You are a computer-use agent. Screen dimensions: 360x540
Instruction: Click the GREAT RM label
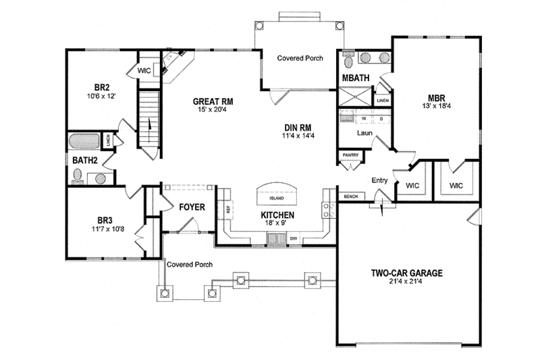(x=213, y=101)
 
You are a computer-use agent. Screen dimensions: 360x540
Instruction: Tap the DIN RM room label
(x=296, y=127)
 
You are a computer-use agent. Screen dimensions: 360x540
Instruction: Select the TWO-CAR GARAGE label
(x=406, y=274)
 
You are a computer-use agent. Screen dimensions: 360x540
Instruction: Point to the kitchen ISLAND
(x=276, y=197)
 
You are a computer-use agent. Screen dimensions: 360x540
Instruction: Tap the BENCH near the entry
(x=350, y=197)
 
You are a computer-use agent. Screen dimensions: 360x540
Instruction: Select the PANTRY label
(x=350, y=155)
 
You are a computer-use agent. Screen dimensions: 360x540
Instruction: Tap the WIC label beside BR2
(x=144, y=70)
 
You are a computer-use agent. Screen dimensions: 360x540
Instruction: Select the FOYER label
(x=192, y=207)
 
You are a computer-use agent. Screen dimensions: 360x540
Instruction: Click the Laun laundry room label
(x=364, y=133)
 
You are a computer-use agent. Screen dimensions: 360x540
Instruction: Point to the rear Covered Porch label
(x=300, y=59)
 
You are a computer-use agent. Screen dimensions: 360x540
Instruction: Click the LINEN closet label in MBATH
(x=383, y=101)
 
